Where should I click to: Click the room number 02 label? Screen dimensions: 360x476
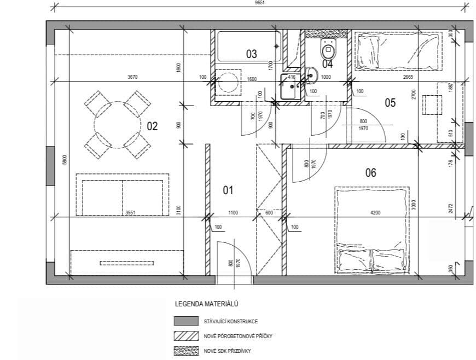click(x=152, y=126)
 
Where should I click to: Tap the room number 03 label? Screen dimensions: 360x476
click(x=251, y=54)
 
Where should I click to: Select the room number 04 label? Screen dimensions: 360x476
click(x=327, y=64)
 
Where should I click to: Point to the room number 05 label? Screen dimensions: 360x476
click(x=390, y=102)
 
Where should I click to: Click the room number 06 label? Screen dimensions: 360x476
click(x=370, y=173)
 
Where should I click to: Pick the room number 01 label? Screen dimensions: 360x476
click(x=228, y=190)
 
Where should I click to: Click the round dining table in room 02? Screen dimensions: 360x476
click(x=117, y=124)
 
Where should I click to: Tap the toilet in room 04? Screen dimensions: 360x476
click(x=328, y=50)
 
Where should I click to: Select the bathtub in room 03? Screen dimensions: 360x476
click(x=249, y=46)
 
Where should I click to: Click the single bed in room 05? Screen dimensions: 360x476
click(x=398, y=50)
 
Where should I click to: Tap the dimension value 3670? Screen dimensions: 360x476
click(x=132, y=77)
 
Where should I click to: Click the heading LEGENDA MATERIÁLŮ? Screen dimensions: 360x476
click(x=206, y=303)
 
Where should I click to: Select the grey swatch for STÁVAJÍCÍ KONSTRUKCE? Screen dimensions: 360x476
click(x=185, y=321)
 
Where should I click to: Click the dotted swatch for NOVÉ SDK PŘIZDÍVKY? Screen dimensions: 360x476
click(x=185, y=351)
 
